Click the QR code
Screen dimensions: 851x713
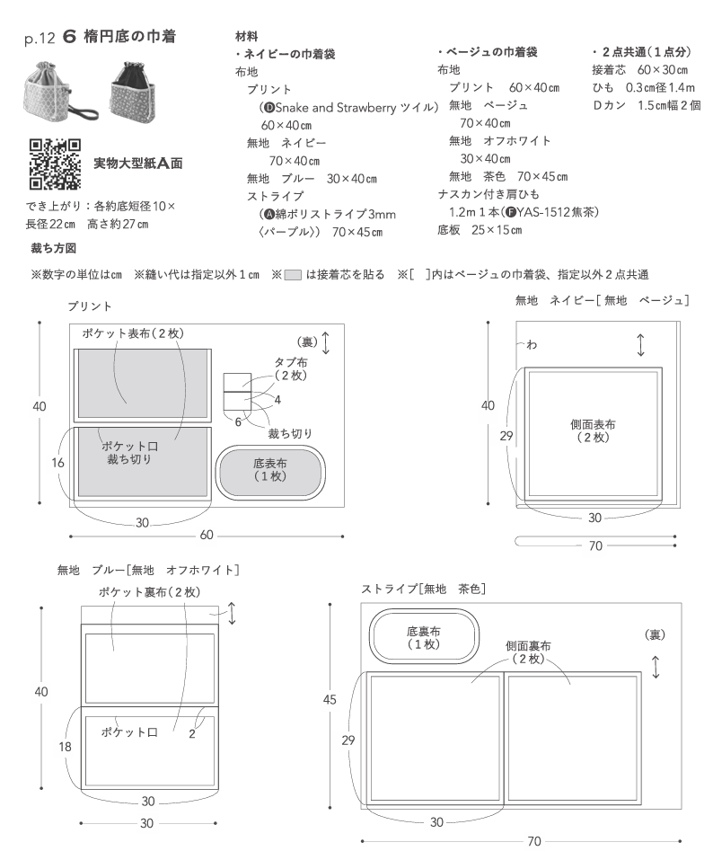click(55, 164)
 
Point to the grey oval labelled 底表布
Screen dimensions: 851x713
click(270, 471)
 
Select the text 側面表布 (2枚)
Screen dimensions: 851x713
click(594, 430)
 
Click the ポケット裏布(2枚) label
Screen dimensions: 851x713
click(148, 592)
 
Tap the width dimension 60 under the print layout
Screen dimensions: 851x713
click(207, 536)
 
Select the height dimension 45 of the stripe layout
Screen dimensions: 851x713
click(330, 698)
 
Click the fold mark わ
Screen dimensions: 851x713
click(531, 345)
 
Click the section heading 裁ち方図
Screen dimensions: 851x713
click(53, 247)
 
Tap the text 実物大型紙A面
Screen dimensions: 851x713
click(139, 164)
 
